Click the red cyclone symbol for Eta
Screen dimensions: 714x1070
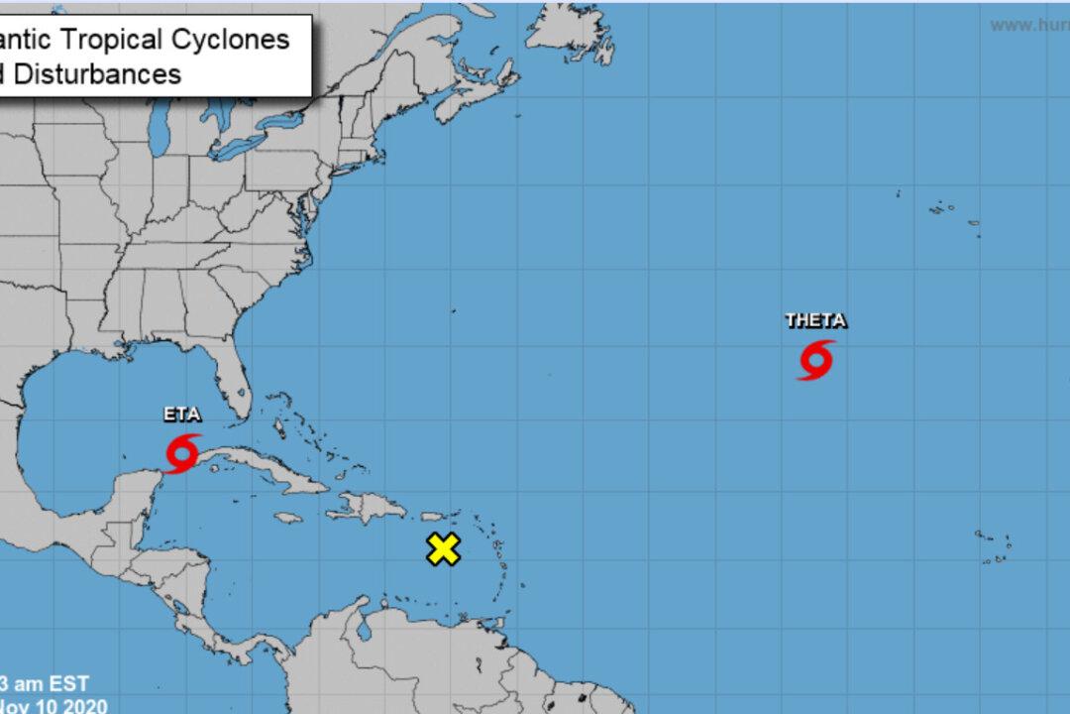click(x=184, y=452)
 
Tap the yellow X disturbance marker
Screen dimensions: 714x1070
click(x=444, y=548)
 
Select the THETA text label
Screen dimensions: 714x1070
click(x=815, y=320)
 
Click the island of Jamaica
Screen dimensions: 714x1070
click(x=287, y=519)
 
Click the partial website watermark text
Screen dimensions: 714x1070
click(x=1030, y=24)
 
